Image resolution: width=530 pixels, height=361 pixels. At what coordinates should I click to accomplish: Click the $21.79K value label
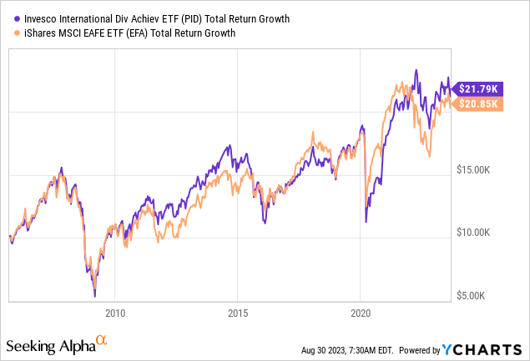(x=476, y=88)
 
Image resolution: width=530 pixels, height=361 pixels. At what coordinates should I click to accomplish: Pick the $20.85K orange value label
(x=476, y=103)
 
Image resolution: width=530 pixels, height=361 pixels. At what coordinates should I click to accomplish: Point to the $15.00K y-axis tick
(x=480, y=169)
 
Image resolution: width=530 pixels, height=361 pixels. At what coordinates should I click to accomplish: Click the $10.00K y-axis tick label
(x=480, y=233)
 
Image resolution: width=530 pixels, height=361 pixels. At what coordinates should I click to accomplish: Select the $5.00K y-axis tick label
(x=482, y=296)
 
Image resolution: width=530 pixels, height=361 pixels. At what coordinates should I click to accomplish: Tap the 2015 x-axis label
(x=237, y=315)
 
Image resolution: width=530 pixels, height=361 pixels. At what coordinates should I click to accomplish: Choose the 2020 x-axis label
(x=360, y=315)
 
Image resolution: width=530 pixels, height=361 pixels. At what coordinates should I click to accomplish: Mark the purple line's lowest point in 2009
(x=94, y=295)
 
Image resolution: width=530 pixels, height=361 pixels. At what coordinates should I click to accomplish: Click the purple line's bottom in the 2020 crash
(x=366, y=222)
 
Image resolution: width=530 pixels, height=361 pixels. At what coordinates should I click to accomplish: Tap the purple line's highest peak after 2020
(x=416, y=70)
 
